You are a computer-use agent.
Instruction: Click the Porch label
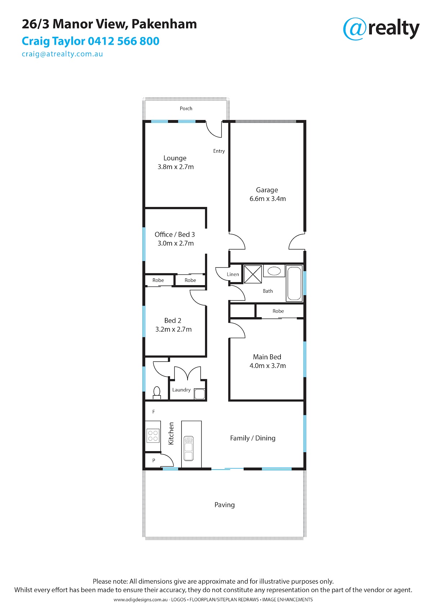186,109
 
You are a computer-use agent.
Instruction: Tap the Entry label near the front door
219,151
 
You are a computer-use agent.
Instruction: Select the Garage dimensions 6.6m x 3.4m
267,199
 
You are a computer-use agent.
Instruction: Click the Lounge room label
175,158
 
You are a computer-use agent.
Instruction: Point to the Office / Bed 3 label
175,235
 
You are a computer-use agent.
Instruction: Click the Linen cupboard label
233,274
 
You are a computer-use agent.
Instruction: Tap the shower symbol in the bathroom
253,274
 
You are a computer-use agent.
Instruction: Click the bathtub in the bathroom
294,283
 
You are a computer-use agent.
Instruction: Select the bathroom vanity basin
274,271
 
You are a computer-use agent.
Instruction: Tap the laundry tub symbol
199,394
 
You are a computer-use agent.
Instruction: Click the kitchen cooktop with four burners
153,436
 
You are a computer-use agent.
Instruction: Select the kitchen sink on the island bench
188,449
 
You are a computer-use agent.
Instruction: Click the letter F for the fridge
154,412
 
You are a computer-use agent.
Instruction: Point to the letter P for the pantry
154,461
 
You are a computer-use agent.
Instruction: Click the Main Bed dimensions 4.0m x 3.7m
267,366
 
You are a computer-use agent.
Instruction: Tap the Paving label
224,505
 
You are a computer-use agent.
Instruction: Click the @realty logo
381,29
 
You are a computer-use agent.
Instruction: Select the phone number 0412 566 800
123,41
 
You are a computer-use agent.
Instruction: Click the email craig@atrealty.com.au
62,54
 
